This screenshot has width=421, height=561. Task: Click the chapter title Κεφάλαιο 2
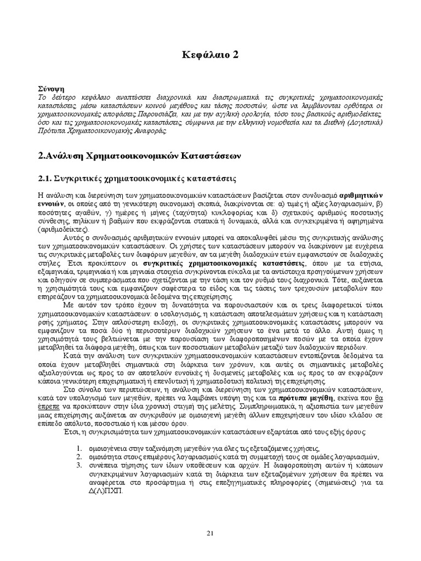210,54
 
